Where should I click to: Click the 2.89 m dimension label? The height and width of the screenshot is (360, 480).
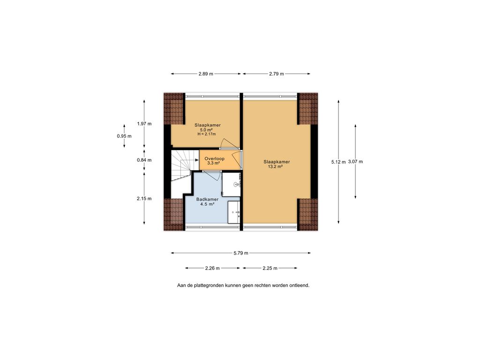coord(206,74)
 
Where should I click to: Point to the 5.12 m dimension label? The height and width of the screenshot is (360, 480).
coord(338,162)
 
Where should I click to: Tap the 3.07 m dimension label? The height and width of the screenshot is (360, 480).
coord(355,162)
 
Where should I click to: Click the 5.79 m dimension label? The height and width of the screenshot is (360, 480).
coord(241,253)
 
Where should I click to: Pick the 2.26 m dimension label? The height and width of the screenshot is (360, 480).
coord(213,268)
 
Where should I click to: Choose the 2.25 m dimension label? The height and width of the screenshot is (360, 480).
coord(270,268)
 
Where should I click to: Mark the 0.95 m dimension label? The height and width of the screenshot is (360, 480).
coord(124,136)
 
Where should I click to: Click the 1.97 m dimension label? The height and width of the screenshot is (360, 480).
coord(144,124)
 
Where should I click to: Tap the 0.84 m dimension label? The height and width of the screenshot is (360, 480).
coord(144,160)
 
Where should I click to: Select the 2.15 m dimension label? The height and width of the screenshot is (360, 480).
coord(144,198)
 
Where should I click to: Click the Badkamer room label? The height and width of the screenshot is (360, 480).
coord(207,199)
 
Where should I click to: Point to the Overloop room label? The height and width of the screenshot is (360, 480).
coord(214,158)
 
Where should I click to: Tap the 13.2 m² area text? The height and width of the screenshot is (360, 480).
coord(277,167)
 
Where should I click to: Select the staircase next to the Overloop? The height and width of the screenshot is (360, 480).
coord(181,166)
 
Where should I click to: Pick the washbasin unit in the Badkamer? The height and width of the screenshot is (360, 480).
coord(234,212)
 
